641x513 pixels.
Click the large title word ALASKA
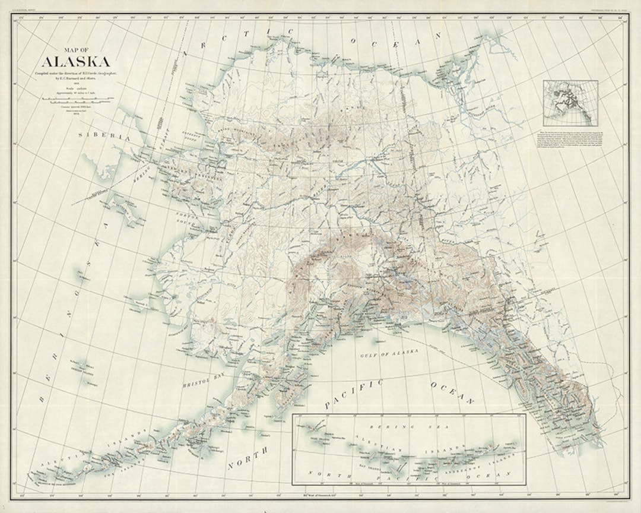point(75,62)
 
